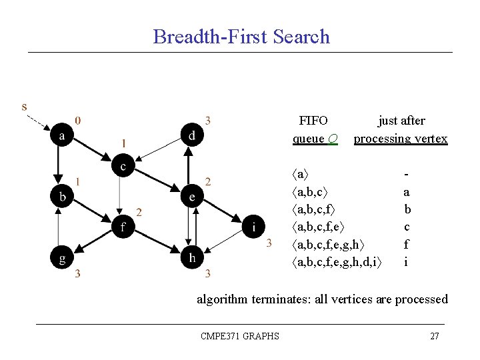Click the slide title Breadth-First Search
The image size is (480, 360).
point(241,36)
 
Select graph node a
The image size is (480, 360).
point(62,135)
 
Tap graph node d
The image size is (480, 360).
point(192,135)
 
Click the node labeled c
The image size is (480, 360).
point(123,165)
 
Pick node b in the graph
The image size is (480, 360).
point(62,196)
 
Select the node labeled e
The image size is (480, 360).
point(192,196)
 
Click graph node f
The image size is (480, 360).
point(123,226)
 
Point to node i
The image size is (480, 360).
point(253,226)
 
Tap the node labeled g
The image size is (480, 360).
point(62,257)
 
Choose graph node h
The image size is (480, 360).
point(192,257)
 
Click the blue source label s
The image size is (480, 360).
point(25,106)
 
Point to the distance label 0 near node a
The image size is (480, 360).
point(79,121)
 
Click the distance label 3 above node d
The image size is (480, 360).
point(208,121)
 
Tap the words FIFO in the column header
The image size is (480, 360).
point(313,121)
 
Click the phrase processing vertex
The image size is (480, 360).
point(401,139)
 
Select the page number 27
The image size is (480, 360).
point(434,336)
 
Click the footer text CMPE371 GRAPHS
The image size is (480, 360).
point(240,336)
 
